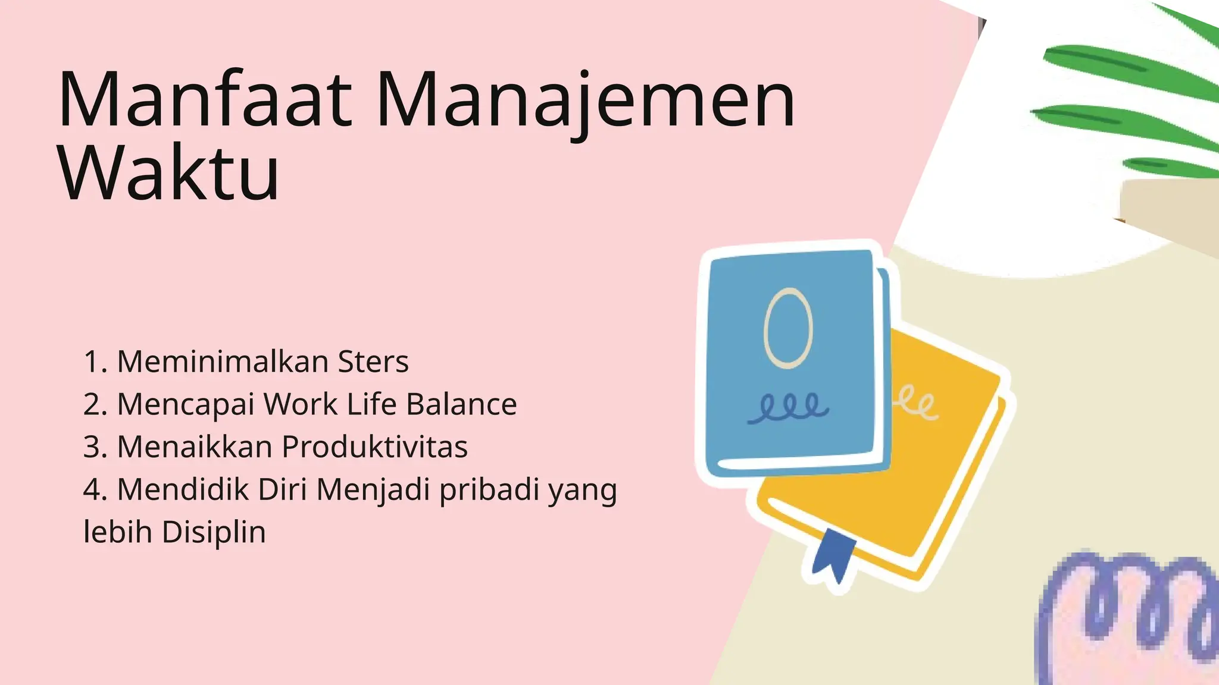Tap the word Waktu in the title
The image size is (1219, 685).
168,173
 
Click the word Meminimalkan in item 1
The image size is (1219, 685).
222,362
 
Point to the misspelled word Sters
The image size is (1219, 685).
373,362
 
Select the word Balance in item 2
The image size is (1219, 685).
461,404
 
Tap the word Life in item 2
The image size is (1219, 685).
371,404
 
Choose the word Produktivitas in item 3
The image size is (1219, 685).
375,447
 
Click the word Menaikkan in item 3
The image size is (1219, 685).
195,447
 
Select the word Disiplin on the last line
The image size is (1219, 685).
214,532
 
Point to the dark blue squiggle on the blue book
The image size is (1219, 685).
788,409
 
